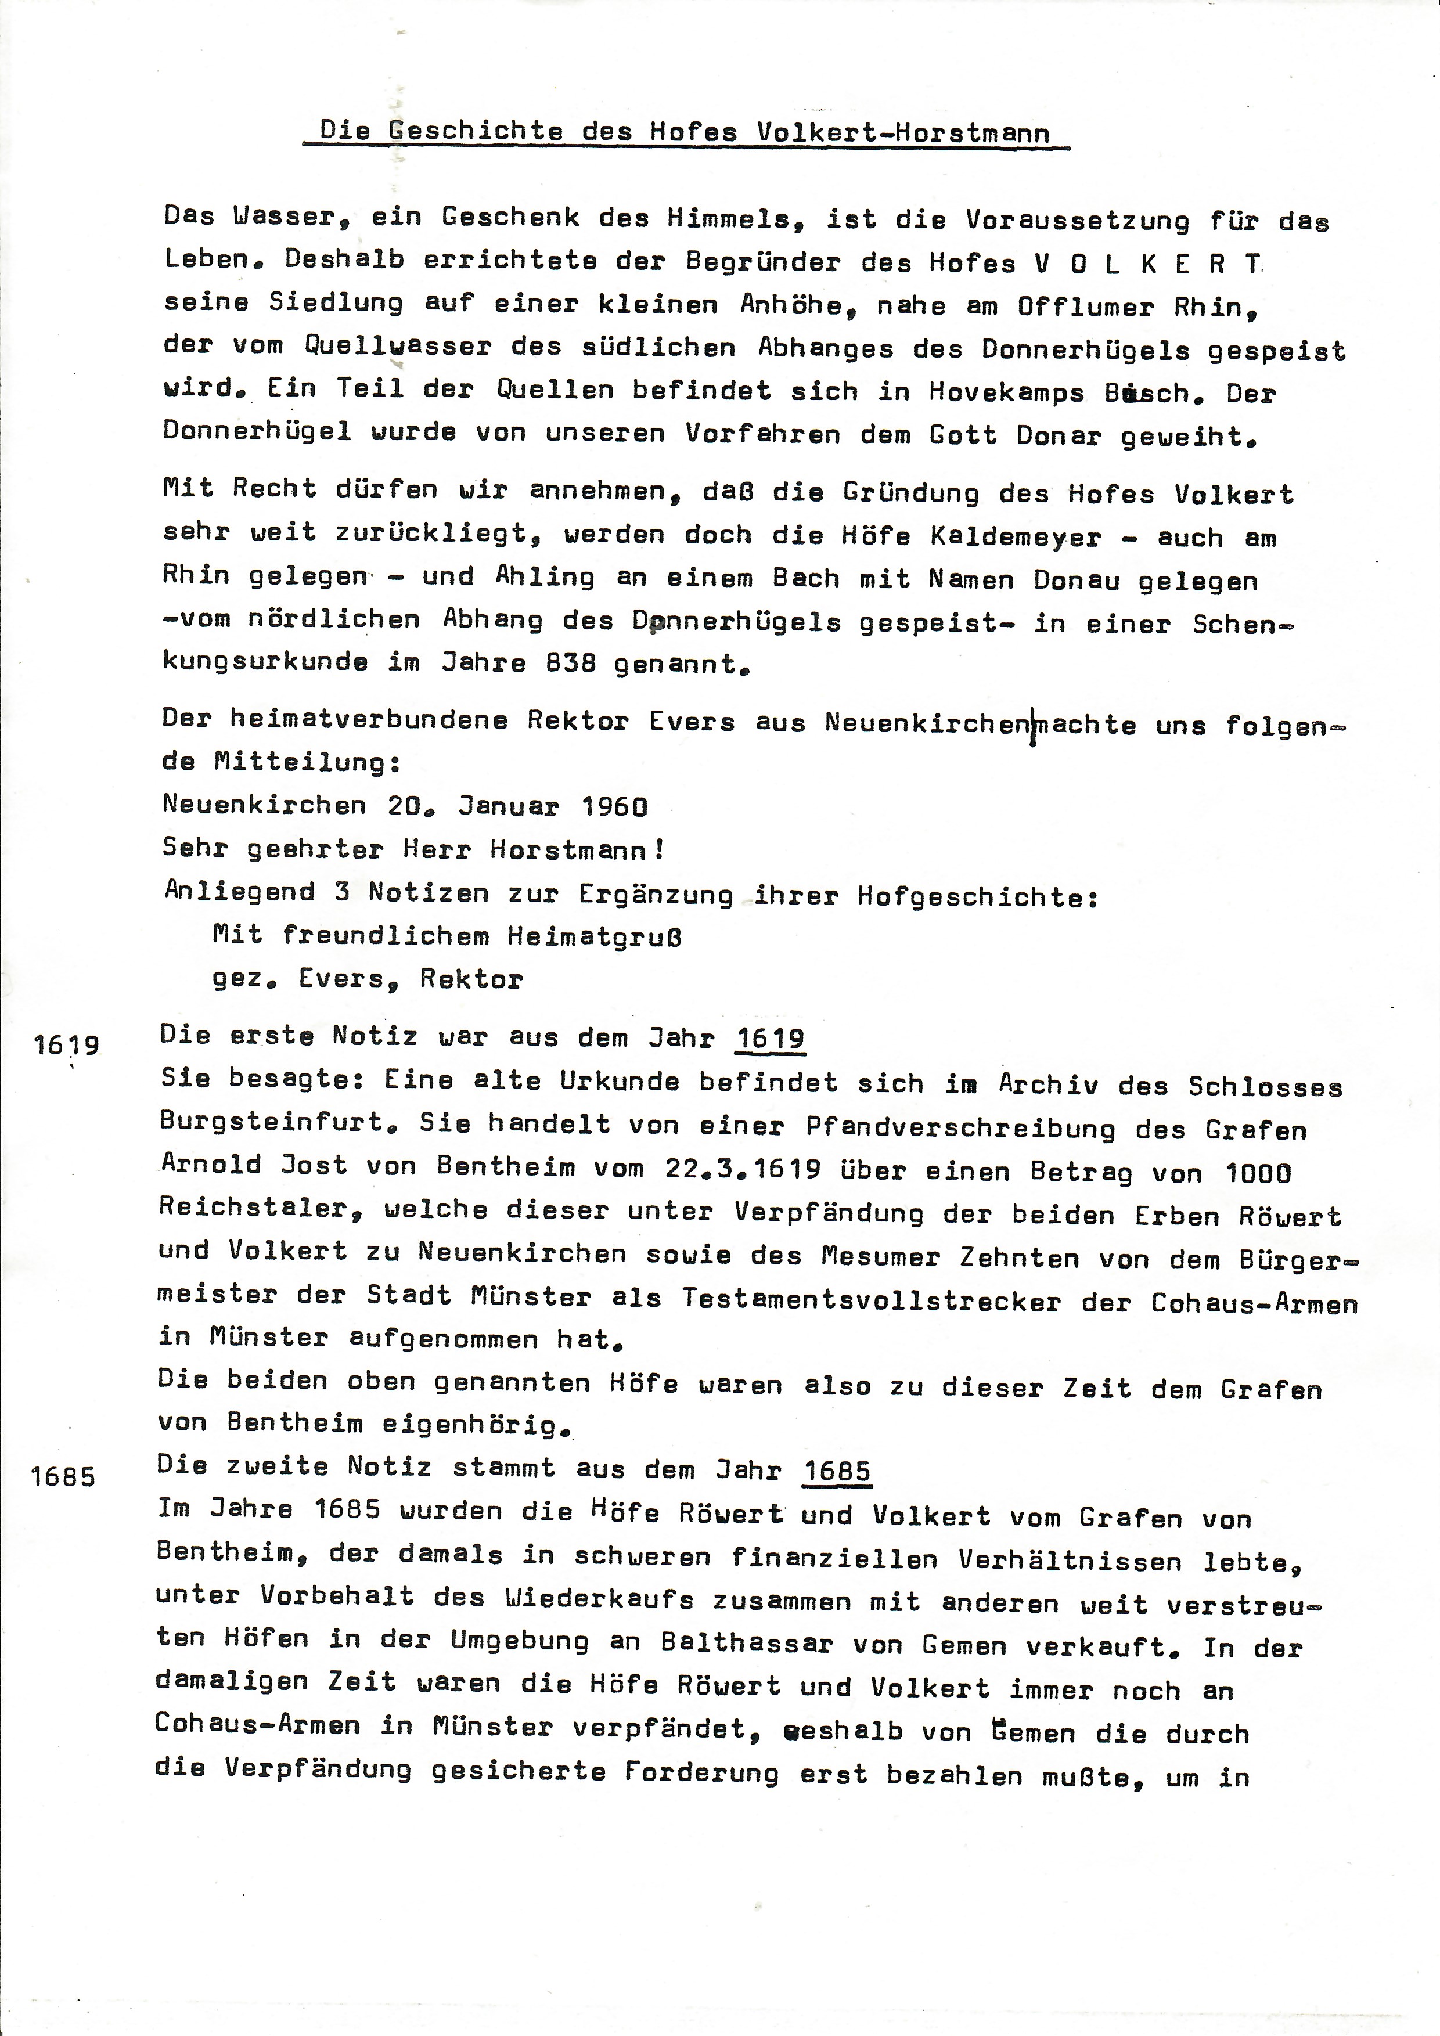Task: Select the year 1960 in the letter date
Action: point(614,806)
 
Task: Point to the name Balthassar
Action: point(747,1642)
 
